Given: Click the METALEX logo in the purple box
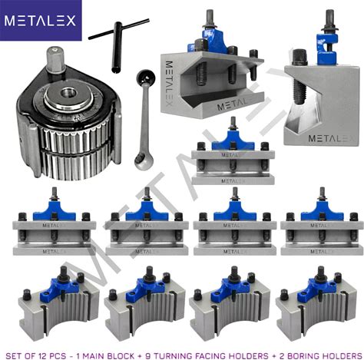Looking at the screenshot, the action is (x=40, y=21).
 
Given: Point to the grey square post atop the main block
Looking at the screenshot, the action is (x=55, y=60).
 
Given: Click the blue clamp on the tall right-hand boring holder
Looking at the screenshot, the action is (x=326, y=49).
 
